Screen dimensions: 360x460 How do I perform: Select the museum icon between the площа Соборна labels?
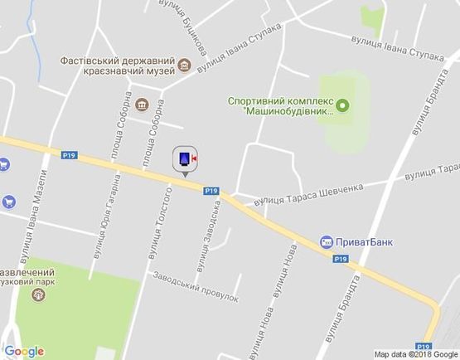coord(142,105)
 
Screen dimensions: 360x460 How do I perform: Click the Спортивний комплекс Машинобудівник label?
coord(281,105)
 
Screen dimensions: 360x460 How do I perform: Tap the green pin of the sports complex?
coord(342,106)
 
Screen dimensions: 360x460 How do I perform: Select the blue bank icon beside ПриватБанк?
coord(327,242)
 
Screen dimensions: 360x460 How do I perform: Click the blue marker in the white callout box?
coord(182,158)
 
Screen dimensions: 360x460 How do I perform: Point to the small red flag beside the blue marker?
coord(195,155)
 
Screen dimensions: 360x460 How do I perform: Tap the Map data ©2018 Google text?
coord(415,354)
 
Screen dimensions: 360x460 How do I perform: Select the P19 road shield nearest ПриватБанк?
coord(340,259)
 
